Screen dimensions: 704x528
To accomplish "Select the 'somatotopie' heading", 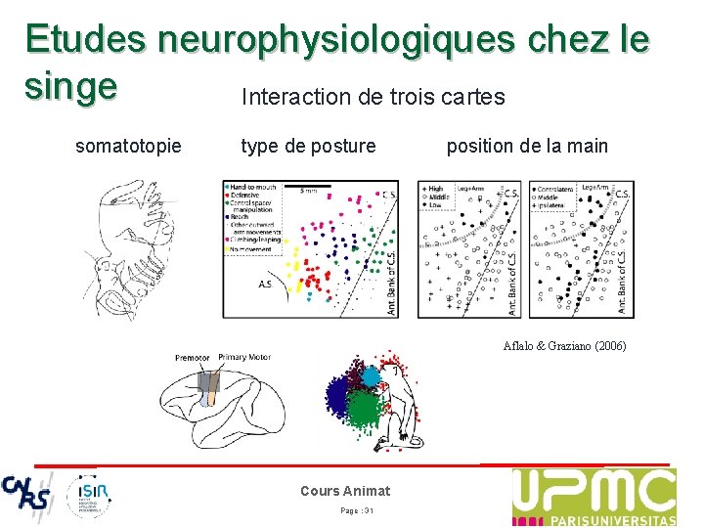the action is (128, 147).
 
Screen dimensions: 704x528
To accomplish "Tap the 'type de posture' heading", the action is (308, 147).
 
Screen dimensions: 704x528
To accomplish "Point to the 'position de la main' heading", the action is (527, 147).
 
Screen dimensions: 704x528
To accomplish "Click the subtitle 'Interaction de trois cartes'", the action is (373, 98).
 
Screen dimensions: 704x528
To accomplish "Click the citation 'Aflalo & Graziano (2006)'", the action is (564, 346).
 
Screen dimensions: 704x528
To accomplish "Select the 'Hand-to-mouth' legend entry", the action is (252, 187).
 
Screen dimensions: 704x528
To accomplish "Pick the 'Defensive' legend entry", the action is (247, 196).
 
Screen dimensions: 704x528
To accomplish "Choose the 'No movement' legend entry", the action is (252, 249).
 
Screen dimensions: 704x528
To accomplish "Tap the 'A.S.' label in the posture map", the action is (265, 285).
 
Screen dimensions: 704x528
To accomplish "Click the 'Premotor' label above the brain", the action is (193, 358).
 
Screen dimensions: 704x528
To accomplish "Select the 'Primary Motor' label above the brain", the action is (244, 358).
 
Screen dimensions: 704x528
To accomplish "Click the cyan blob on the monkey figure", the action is (372, 374).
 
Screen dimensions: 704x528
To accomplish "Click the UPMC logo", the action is (594, 497).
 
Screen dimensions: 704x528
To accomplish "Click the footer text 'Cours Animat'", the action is (345, 491).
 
